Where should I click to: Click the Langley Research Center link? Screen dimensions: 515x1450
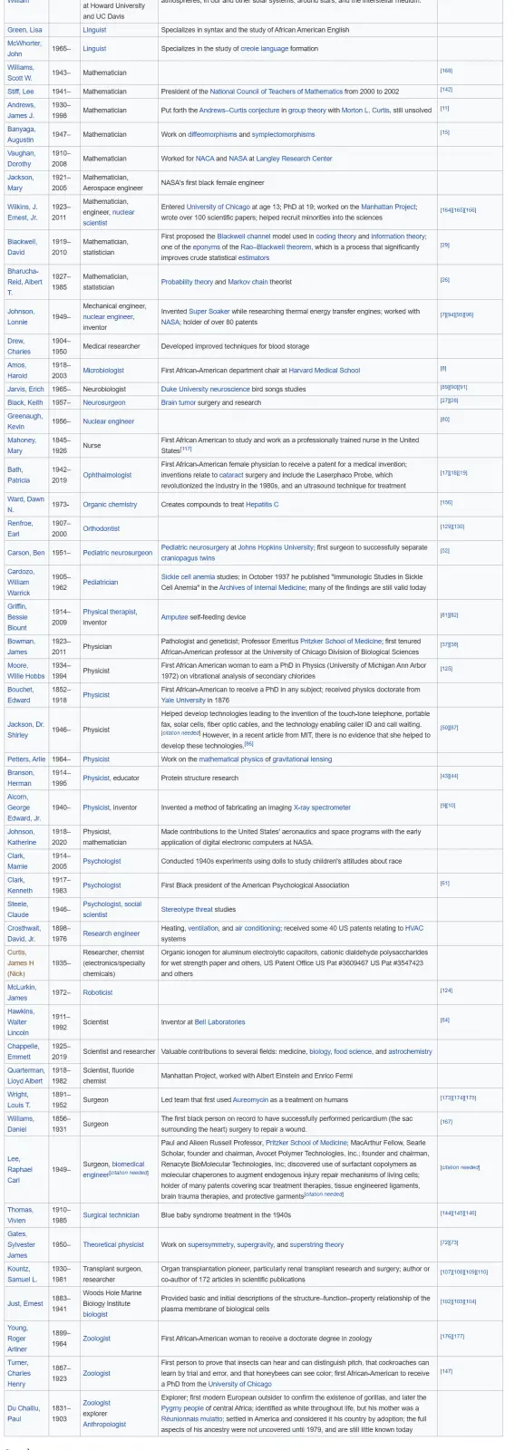[x=296, y=159]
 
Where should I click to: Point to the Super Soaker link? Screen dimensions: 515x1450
[x=209, y=312]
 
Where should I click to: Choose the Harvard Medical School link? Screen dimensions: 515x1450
[x=324, y=370]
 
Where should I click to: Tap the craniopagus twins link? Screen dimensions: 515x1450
[x=188, y=558]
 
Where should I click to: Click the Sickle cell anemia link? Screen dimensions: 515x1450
[x=188, y=576]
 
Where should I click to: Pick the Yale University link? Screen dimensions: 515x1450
[x=183, y=700]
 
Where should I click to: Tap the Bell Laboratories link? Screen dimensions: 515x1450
[x=219, y=1021]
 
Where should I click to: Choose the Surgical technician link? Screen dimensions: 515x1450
[x=111, y=1214]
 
